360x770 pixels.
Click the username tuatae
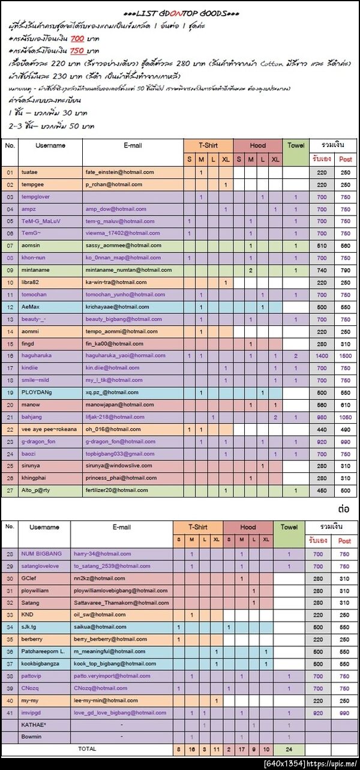point(29,172)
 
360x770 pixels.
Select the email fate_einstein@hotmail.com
point(119,172)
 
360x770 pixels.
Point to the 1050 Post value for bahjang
point(345,417)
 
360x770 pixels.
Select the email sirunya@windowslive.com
point(118,466)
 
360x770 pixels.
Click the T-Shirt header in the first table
point(208,146)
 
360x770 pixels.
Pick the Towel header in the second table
point(289,527)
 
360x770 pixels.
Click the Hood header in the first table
point(257,146)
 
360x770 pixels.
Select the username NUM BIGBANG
point(41,554)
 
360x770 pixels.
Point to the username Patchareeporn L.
point(43,652)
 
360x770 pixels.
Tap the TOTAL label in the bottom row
point(87,749)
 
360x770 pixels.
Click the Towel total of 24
point(289,750)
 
